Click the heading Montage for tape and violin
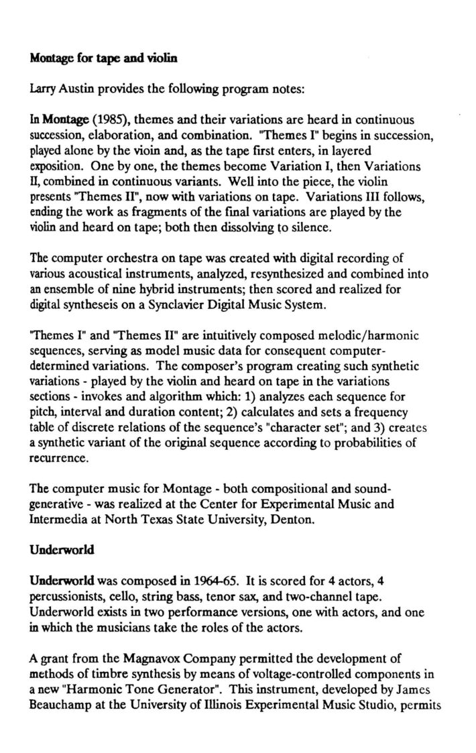tap(103, 59)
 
